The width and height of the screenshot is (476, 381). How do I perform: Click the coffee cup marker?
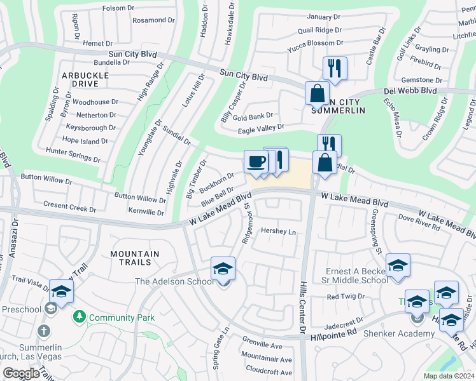[256, 162]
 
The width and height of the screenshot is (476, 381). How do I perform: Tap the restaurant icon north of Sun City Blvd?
[335, 68]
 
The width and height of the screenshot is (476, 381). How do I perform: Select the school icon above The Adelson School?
[223, 269]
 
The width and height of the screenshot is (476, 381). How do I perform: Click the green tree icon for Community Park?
[80, 316]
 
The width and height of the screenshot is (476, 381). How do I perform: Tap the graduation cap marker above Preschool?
[61, 292]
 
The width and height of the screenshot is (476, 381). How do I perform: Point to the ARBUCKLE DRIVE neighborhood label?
[80, 79]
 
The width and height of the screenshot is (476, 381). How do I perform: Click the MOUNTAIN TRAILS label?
[134, 258]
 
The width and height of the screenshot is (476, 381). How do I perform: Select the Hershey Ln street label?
[279, 232]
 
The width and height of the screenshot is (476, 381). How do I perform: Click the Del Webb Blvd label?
[410, 91]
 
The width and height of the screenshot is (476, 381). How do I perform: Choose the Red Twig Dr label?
[344, 297]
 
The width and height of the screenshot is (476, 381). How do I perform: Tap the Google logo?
[21, 373]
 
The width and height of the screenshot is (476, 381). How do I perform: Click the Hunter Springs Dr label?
[73, 151]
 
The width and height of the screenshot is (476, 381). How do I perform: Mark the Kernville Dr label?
[146, 211]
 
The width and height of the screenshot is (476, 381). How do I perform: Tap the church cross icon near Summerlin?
[43, 331]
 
